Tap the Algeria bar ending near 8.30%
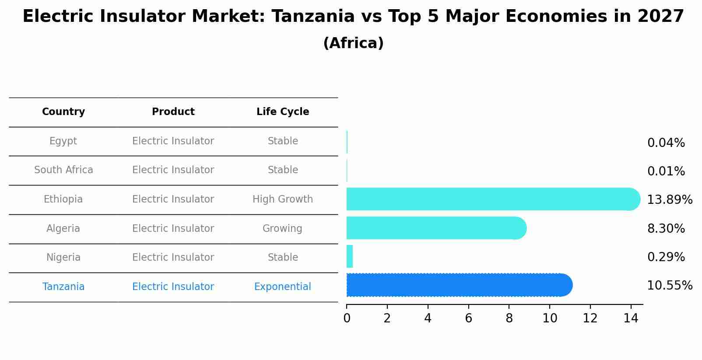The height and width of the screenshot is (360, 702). tap(435, 228)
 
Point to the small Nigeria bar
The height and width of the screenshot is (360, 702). tap(350, 256)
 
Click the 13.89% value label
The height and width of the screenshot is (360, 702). tap(669, 200)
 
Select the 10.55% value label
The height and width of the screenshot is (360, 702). tap(669, 286)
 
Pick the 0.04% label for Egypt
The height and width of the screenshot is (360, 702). tap(666, 143)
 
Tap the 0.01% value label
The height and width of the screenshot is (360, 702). tap(666, 171)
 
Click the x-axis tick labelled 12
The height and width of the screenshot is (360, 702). tap(590, 318)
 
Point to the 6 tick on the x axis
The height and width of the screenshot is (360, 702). tap(468, 318)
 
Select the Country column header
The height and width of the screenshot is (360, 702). tap(63, 112)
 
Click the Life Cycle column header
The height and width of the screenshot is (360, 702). tap(283, 112)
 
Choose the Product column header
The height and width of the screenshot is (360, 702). tap(173, 112)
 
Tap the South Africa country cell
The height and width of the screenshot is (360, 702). tap(63, 170)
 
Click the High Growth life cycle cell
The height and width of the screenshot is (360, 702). tap(283, 199)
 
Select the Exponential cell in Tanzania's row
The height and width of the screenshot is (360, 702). tap(283, 287)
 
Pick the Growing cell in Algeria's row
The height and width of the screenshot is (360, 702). tap(282, 228)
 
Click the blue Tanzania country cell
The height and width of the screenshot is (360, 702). tap(63, 287)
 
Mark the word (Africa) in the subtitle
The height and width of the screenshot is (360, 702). tap(353, 43)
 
